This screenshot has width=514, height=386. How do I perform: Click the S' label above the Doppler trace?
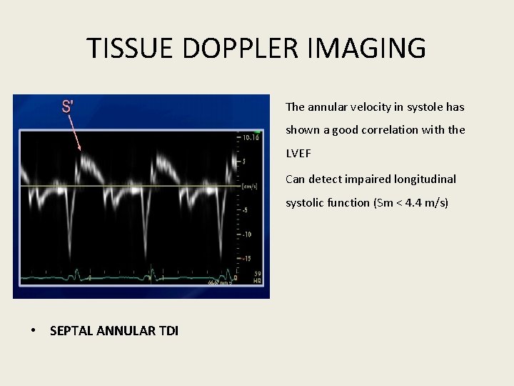point(68,107)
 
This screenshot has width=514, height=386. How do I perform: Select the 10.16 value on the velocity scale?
point(251,137)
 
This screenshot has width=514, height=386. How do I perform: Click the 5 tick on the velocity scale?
point(244,162)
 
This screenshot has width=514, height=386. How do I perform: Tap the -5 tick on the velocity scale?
point(246,209)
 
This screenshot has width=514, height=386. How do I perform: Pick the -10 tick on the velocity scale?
point(247,234)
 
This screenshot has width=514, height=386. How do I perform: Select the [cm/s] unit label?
point(250,186)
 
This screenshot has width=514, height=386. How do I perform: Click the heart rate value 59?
point(257,274)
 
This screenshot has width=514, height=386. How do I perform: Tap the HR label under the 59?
point(257,282)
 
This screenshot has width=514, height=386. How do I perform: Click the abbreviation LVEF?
point(299,154)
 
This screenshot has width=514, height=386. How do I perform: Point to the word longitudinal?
point(426,179)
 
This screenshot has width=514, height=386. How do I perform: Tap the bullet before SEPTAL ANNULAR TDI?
point(34,330)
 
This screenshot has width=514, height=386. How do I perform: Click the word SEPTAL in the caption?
point(71,330)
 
